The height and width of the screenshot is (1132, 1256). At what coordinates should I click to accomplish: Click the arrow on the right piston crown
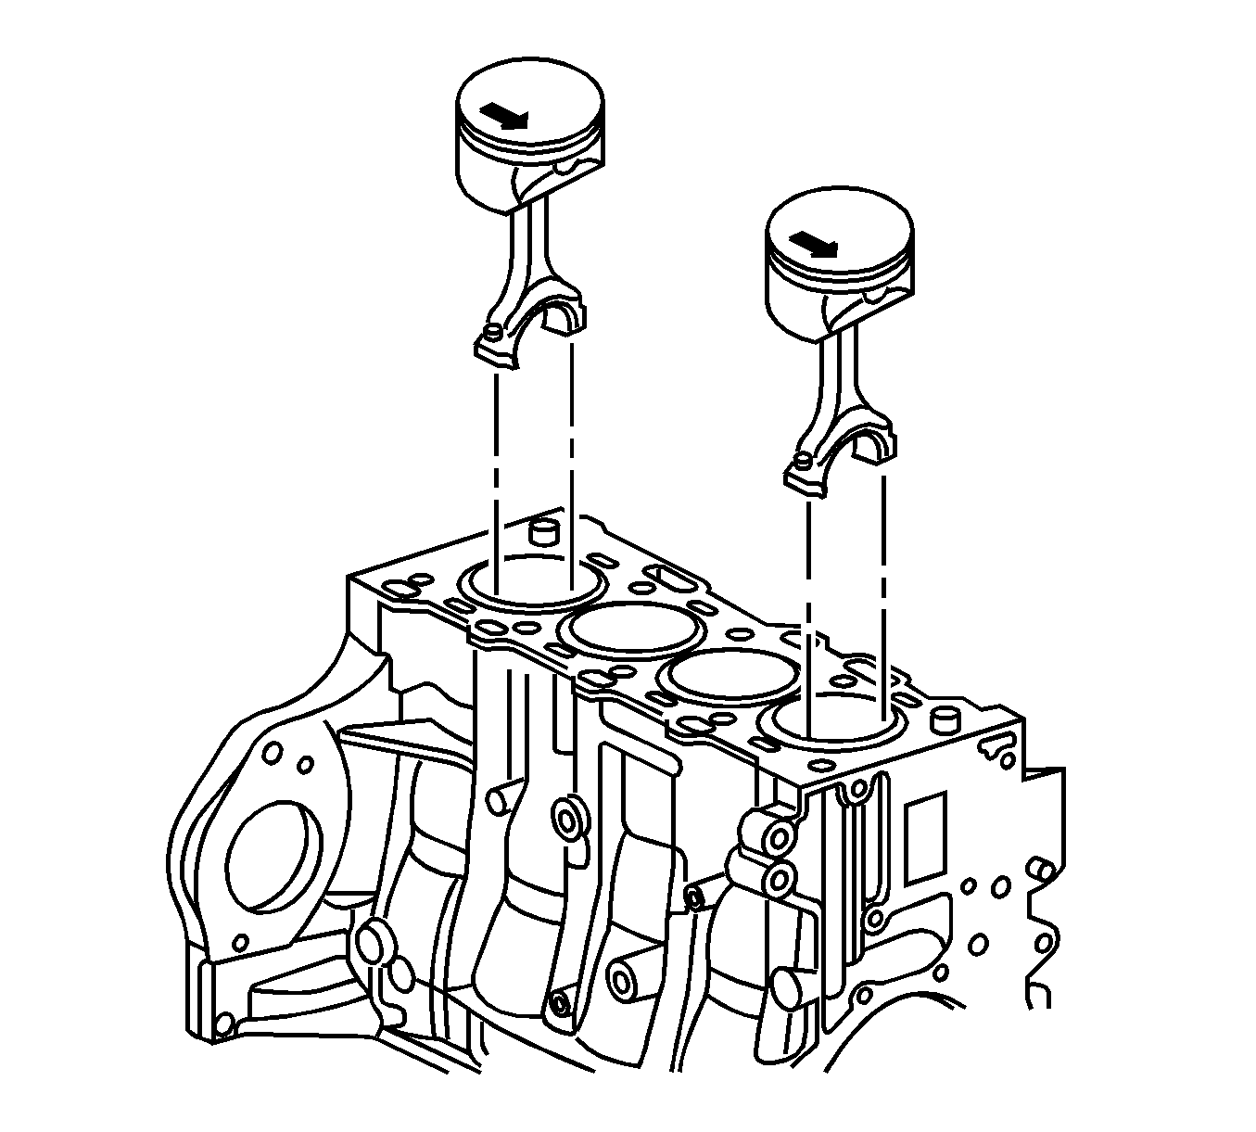pyautogui.click(x=815, y=243)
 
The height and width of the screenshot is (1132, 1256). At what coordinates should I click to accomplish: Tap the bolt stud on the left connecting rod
pyautogui.click(x=494, y=330)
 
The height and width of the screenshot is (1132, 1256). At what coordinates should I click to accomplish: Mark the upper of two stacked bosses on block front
pyautogui.click(x=780, y=837)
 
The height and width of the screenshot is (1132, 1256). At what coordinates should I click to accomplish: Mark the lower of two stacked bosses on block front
pyautogui.click(x=780, y=876)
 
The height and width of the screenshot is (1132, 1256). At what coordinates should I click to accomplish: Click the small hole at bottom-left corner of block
pyautogui.click(x=222, y=1024)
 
